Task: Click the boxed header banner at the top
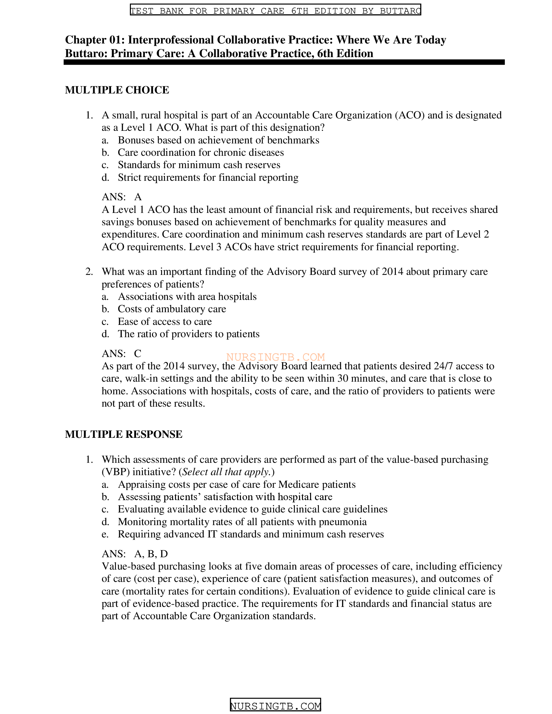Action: tap(275, 10)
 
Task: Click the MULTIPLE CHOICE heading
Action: tap(117, 90)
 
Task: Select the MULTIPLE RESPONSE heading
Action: tap(124, 434)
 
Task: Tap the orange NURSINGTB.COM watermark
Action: tap(275, 357)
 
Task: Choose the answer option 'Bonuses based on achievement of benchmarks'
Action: tap(219, 140)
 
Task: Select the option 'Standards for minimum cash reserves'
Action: tap(199, 165)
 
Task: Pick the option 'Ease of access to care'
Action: tap(165, 321)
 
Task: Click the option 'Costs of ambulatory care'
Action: tap(172, 309)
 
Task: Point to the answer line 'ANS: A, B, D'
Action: tap(135, 553)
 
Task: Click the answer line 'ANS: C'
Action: tap(121, 353)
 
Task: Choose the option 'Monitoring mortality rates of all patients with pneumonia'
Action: tap(242, 522)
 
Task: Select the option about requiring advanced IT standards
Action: tap(250, 534)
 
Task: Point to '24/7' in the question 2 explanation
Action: tap(444, 366)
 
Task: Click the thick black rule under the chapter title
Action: tap(284, 62)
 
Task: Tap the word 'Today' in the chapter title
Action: tap(430, 40)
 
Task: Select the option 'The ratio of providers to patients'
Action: tap(189, 334)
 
